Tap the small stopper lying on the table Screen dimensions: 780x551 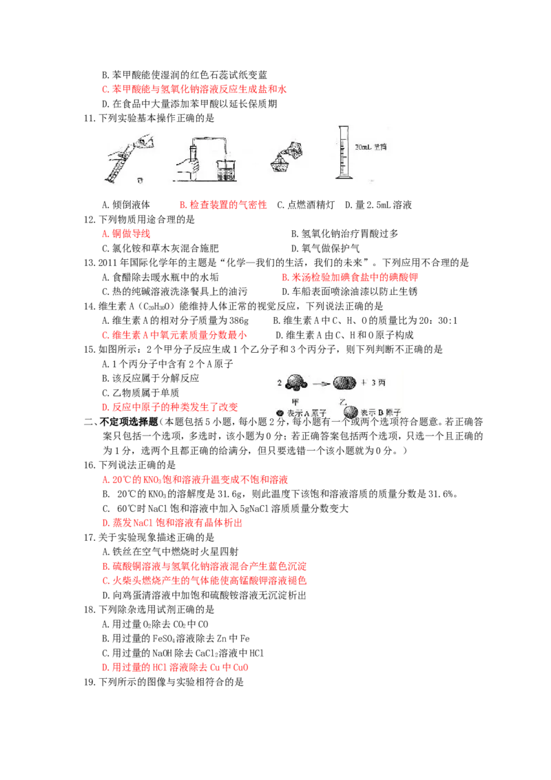[x=141, y=181]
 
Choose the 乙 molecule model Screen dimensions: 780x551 [x=345, y=384]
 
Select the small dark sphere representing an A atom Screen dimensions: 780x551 [x=280, y=412]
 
